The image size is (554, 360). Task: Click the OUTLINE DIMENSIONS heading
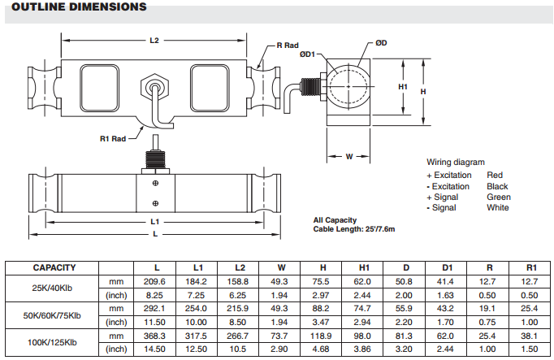click(x=74, y=7)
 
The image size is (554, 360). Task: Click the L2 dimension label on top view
click(x=154, y=40)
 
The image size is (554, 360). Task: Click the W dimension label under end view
click(x=348, y=156)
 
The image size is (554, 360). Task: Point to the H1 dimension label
click(x=403, y=86)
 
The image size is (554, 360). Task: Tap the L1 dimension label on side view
click(x=154, y=221)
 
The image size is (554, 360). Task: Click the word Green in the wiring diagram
click(x=498, y=197)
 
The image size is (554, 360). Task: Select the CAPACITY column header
click(x=54, y=267)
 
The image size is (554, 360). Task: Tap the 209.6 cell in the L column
click(x=157, y=281)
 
